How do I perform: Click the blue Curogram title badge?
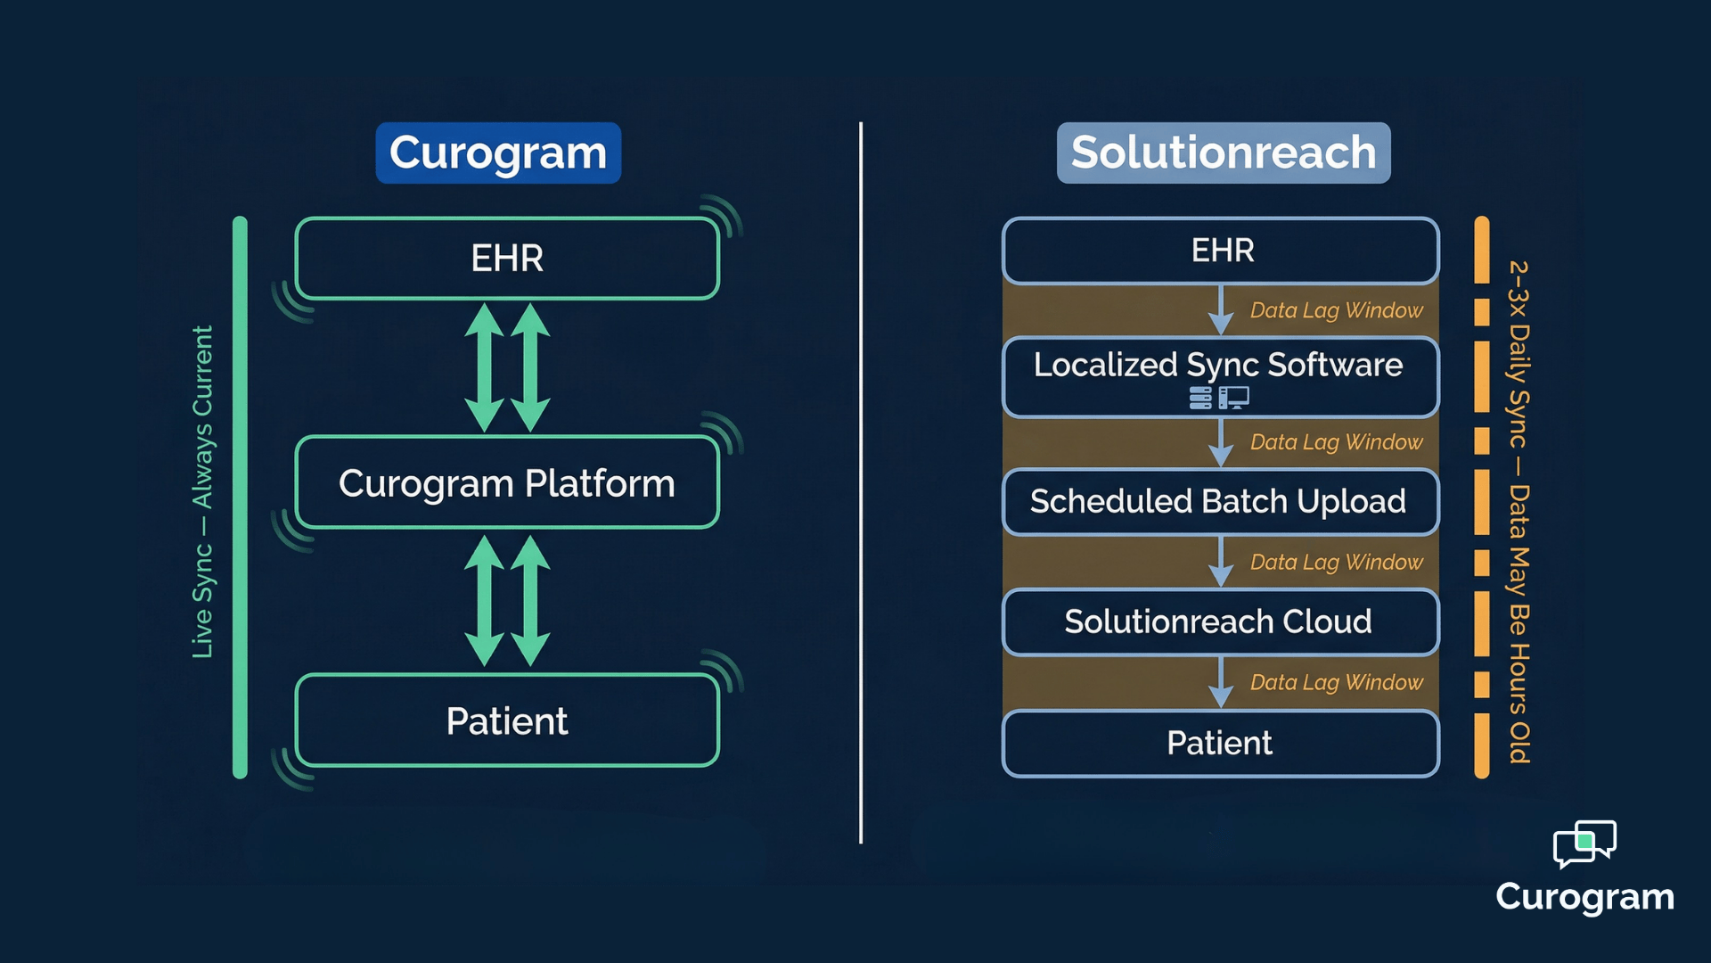498,153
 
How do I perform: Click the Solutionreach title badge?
1223,153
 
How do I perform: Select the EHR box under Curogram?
507,259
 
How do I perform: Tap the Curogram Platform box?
507,483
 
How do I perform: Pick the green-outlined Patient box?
507,720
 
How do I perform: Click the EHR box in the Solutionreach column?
1221,251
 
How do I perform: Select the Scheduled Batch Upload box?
1219,502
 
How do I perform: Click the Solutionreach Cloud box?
1219,621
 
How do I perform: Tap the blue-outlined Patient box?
1219,743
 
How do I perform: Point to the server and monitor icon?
1219,398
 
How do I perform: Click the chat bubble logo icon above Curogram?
1584,844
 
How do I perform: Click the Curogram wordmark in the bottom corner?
1584,897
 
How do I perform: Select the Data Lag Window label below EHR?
1336,310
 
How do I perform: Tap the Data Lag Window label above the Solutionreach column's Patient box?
1336,682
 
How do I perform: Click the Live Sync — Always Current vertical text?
203,492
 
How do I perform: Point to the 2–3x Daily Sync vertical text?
1519,512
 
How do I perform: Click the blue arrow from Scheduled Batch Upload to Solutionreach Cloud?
1220,562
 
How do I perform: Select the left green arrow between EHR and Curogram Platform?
485,367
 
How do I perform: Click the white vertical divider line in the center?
861,481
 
